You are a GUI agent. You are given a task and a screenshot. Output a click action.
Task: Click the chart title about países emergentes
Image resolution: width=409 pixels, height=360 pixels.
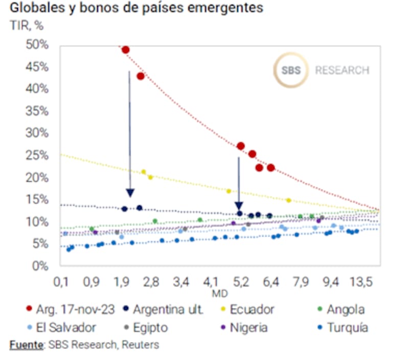[136, 9]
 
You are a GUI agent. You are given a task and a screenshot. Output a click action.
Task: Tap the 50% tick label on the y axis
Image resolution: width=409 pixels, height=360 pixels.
[37, 45]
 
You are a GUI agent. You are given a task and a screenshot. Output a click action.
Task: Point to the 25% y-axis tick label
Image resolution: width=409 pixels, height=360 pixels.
[37, 155]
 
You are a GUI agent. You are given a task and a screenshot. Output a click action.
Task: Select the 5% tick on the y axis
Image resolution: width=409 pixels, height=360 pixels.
[40, 244]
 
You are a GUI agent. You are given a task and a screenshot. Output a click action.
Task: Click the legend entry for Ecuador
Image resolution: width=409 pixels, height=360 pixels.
[252, 309]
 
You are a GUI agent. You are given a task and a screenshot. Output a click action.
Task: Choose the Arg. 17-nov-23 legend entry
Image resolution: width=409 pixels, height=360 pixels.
[69, 309]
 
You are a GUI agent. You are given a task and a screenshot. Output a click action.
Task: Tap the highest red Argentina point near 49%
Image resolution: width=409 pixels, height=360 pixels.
[125, 50]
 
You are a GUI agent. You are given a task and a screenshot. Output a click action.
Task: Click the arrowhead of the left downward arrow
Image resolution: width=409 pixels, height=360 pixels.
[130, 193]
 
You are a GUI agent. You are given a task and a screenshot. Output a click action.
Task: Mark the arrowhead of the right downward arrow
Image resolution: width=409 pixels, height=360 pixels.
[239, 205]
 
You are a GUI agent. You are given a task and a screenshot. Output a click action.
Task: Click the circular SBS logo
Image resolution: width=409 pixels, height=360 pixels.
[291, 70]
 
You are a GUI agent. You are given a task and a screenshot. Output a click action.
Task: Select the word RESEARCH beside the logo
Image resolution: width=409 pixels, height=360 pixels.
[342, 70]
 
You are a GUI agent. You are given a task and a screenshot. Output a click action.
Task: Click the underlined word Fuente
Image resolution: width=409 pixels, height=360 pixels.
[26, 345]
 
